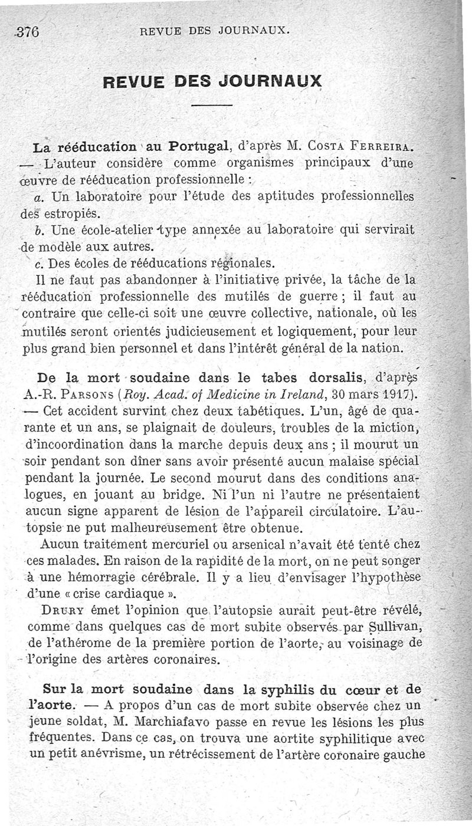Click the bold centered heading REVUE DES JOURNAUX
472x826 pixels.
tap(212, 81)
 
